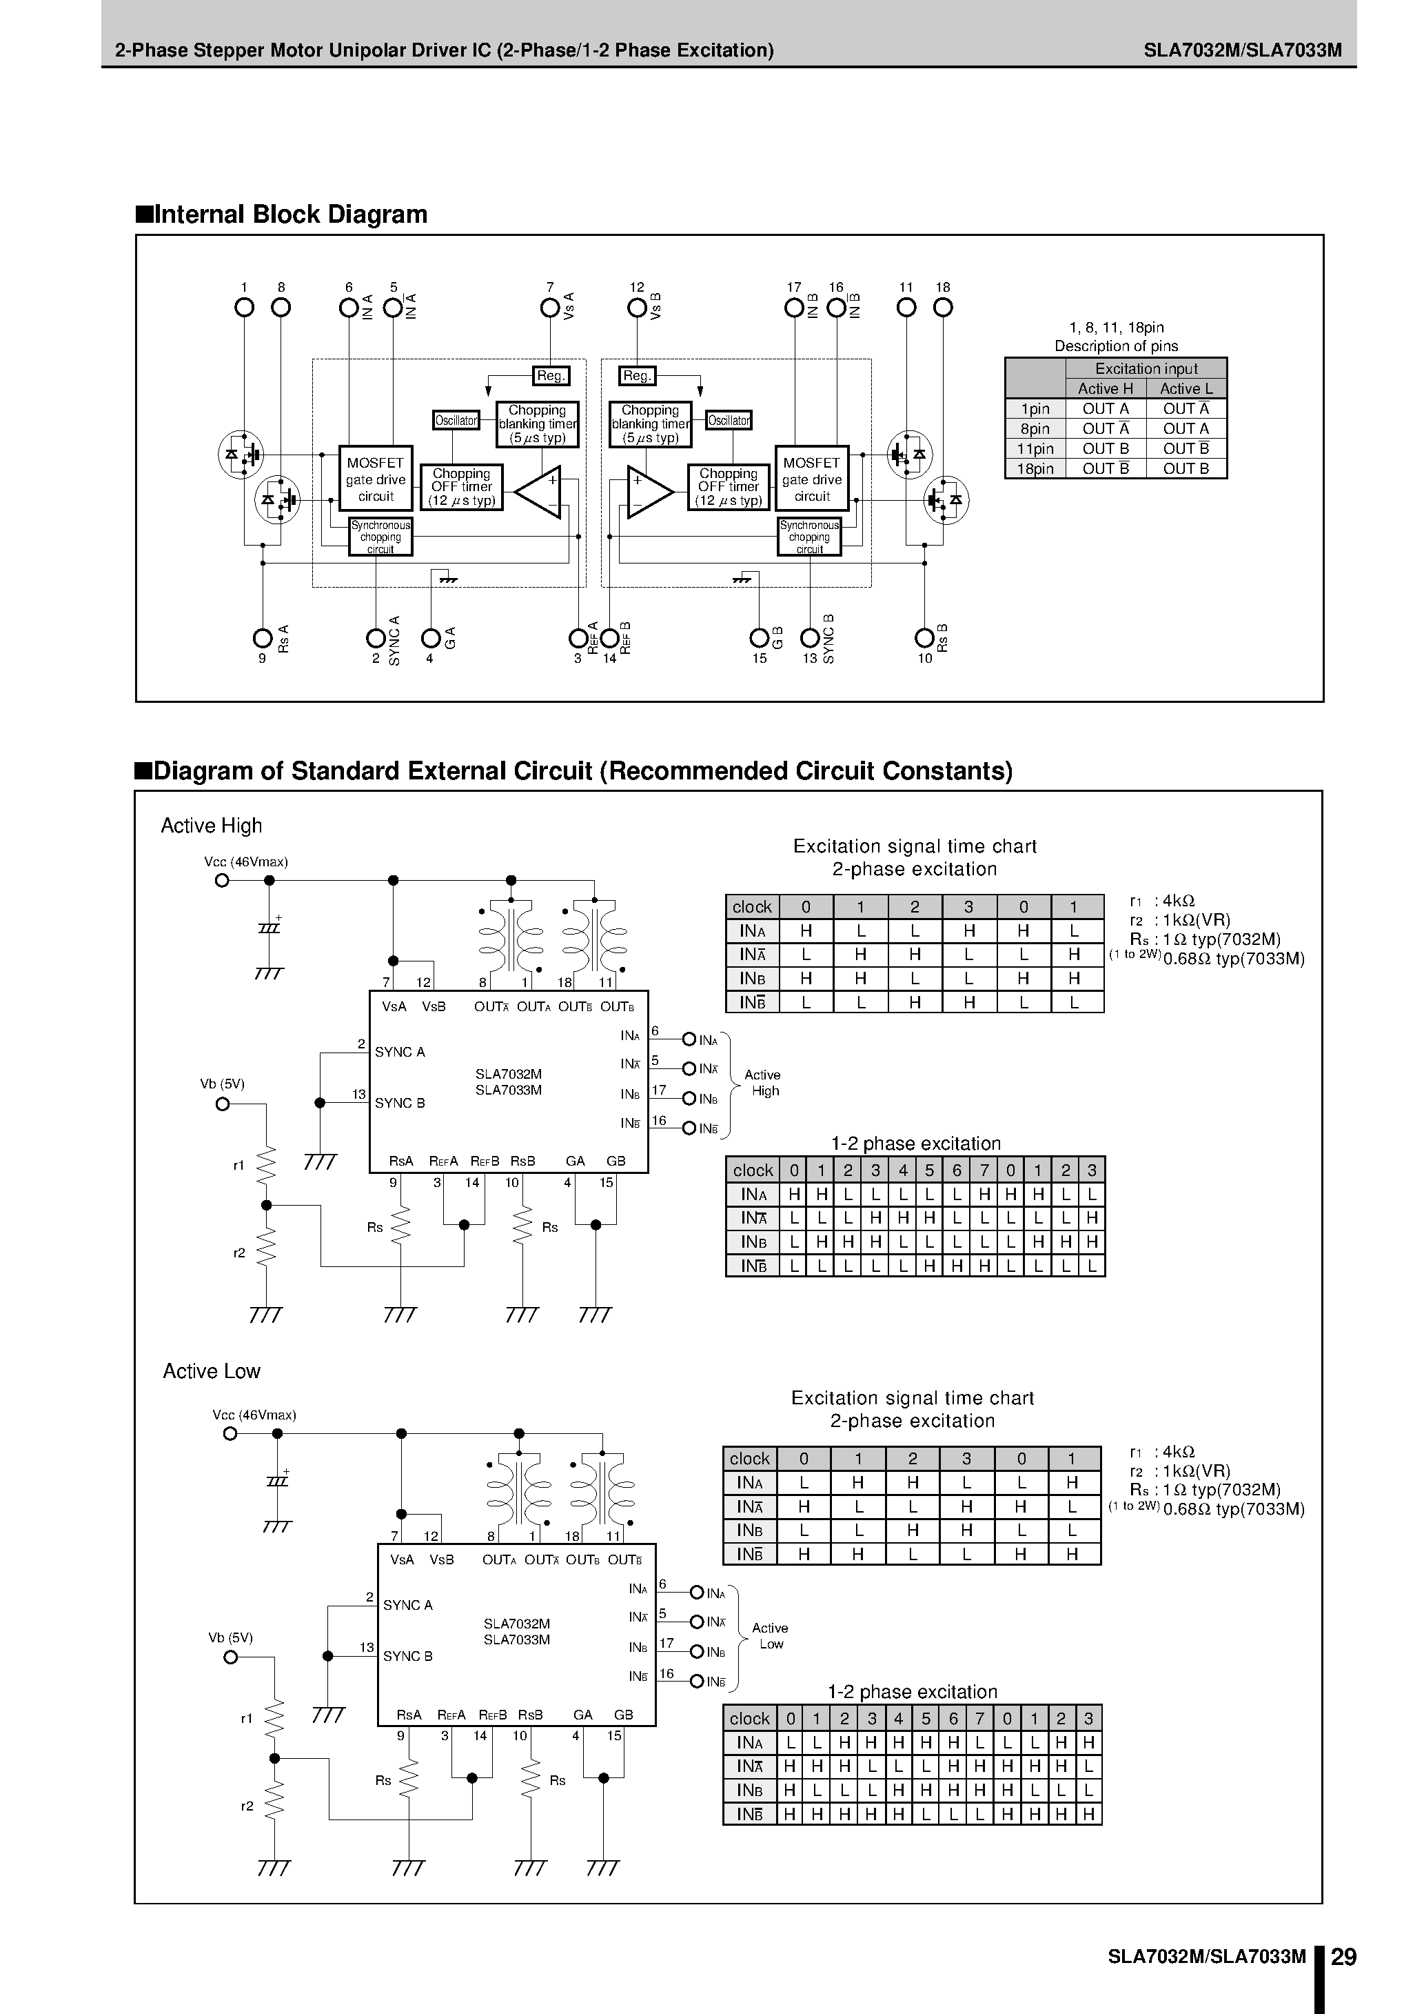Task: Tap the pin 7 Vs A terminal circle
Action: pyautogui.click(x=550, y=308)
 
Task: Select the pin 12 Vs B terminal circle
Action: pyautogui.click(x=638, y=308)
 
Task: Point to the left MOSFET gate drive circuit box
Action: pyautogui.click(x=375, y=479)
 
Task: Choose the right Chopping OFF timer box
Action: pyautogui.click(x=729, y=488)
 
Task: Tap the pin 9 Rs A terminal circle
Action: pyautogui.click(x=262, y=638)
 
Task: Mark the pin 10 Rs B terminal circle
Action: pyautogui.click(x=924, y=638)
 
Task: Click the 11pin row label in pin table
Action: pyautogui.click(x=1035, y=448)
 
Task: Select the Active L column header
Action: pyautogui.click(x=1186, y=388)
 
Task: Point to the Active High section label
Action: pyautogui.click(x=212, y=826)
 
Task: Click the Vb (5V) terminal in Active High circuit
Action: pyautogui.click(x=223, y=1104)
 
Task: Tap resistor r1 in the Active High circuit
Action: pyautogui.click(x=265, y=1166)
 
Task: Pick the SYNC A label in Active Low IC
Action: pyautogui.click(x=408, y=1605)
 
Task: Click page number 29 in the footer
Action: pyautogui.click(x=1344, y=1957)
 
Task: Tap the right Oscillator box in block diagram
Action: pyautogui.click(x=729, y=421)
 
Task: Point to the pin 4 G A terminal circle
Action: pyautogui.click(x=429, y=638)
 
